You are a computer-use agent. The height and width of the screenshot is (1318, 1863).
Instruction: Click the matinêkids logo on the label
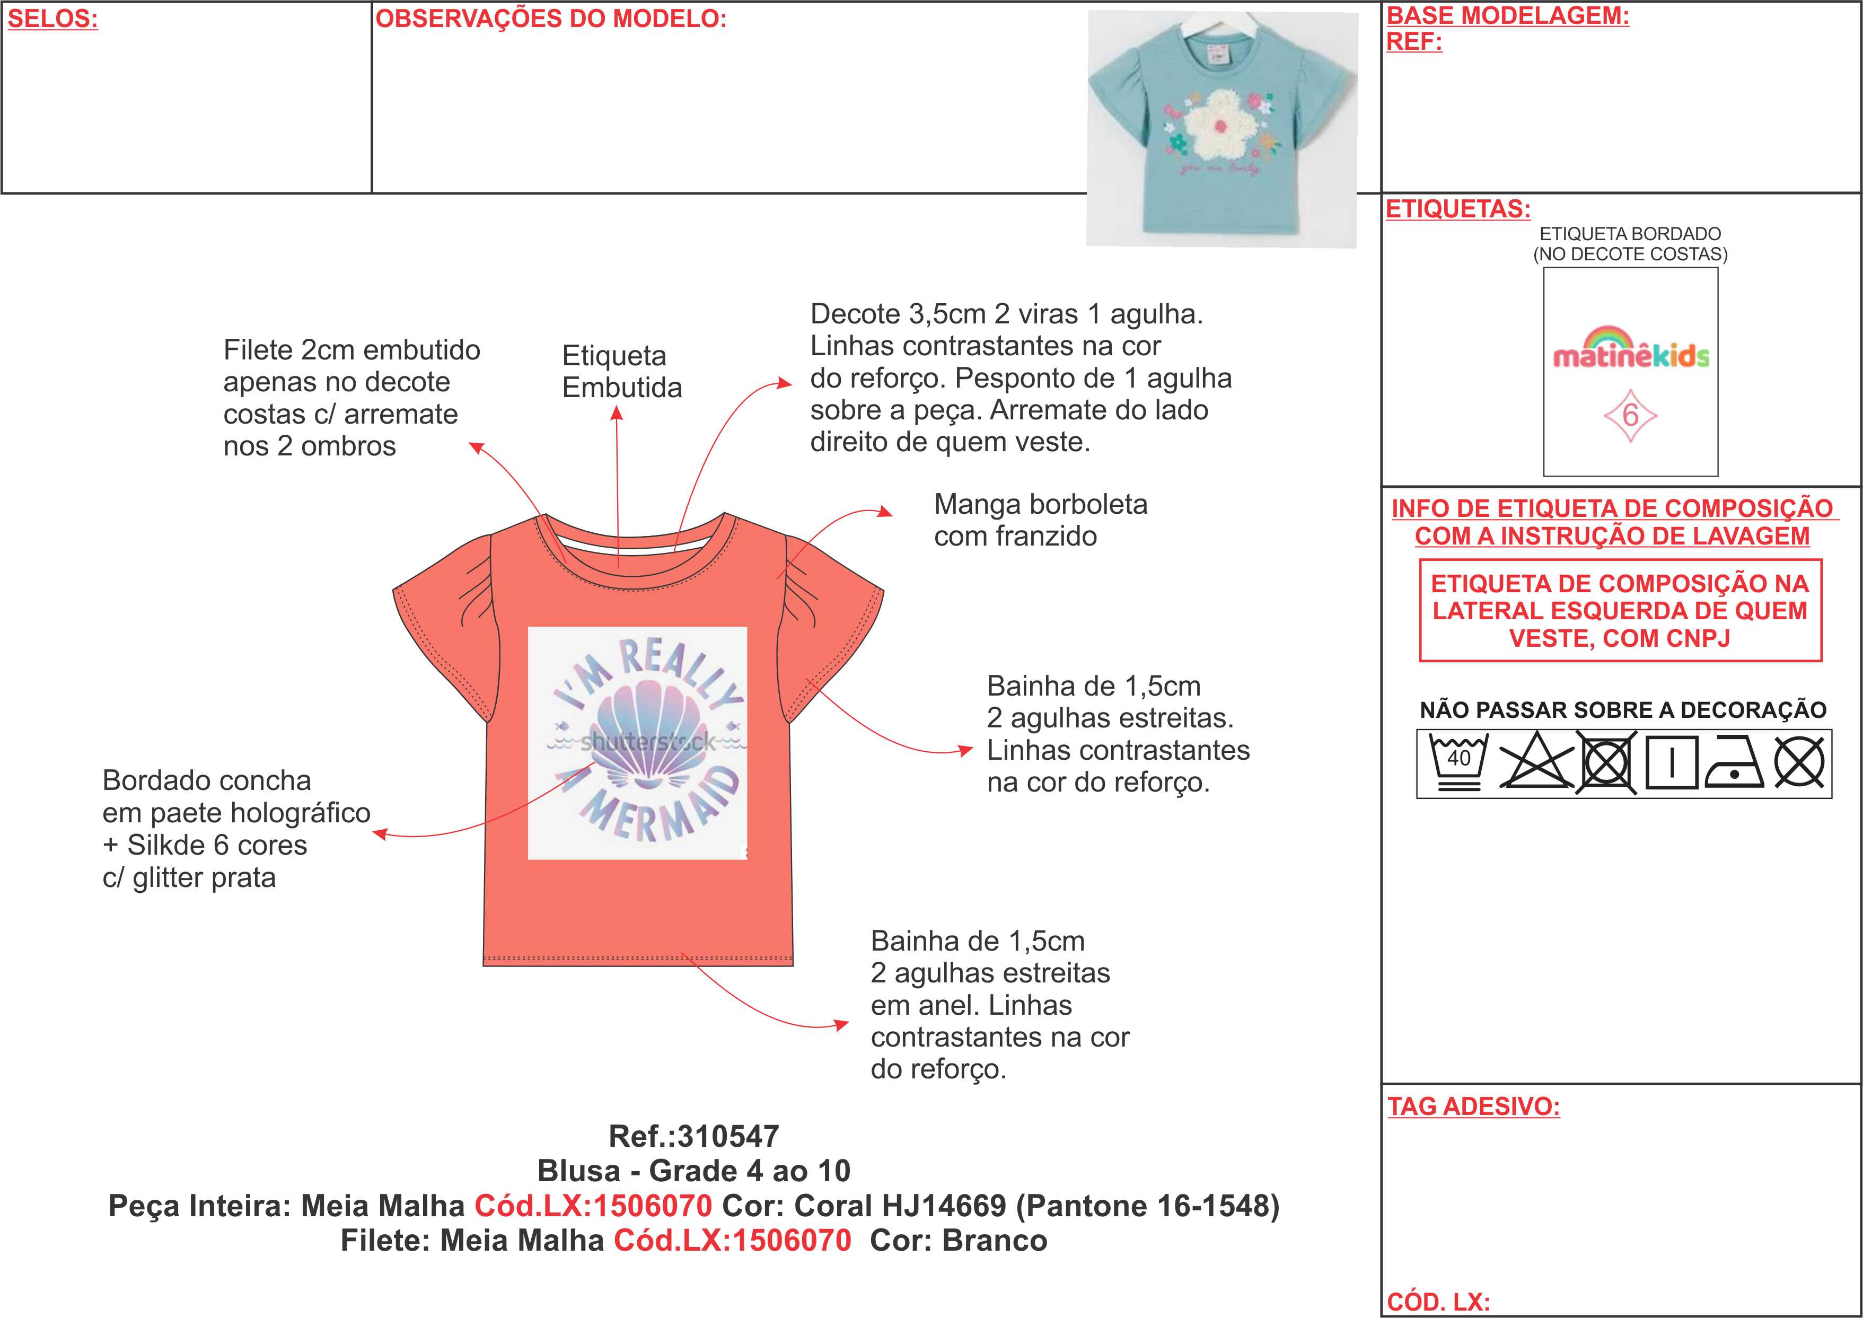pos(1630,349)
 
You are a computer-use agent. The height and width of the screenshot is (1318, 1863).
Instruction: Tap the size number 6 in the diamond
pos(1630,416)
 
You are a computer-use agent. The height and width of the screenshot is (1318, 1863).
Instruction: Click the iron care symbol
pos(1734,762)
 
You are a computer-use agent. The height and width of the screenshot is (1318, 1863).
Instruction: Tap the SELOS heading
pos(52,19)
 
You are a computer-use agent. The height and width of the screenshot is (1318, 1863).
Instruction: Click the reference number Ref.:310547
pos(694,1136)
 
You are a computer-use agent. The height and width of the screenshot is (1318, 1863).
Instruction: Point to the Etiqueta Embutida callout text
pos(621,372)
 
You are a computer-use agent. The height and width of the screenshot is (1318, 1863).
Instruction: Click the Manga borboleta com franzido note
pos(1040,520)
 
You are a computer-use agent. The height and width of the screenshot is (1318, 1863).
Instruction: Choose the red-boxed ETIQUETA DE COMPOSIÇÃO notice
pos(1620,610)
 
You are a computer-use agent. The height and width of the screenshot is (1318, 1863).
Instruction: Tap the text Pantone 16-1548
pos(1152,1206)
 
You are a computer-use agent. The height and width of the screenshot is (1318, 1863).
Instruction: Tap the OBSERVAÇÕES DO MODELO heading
pos(551,19)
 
